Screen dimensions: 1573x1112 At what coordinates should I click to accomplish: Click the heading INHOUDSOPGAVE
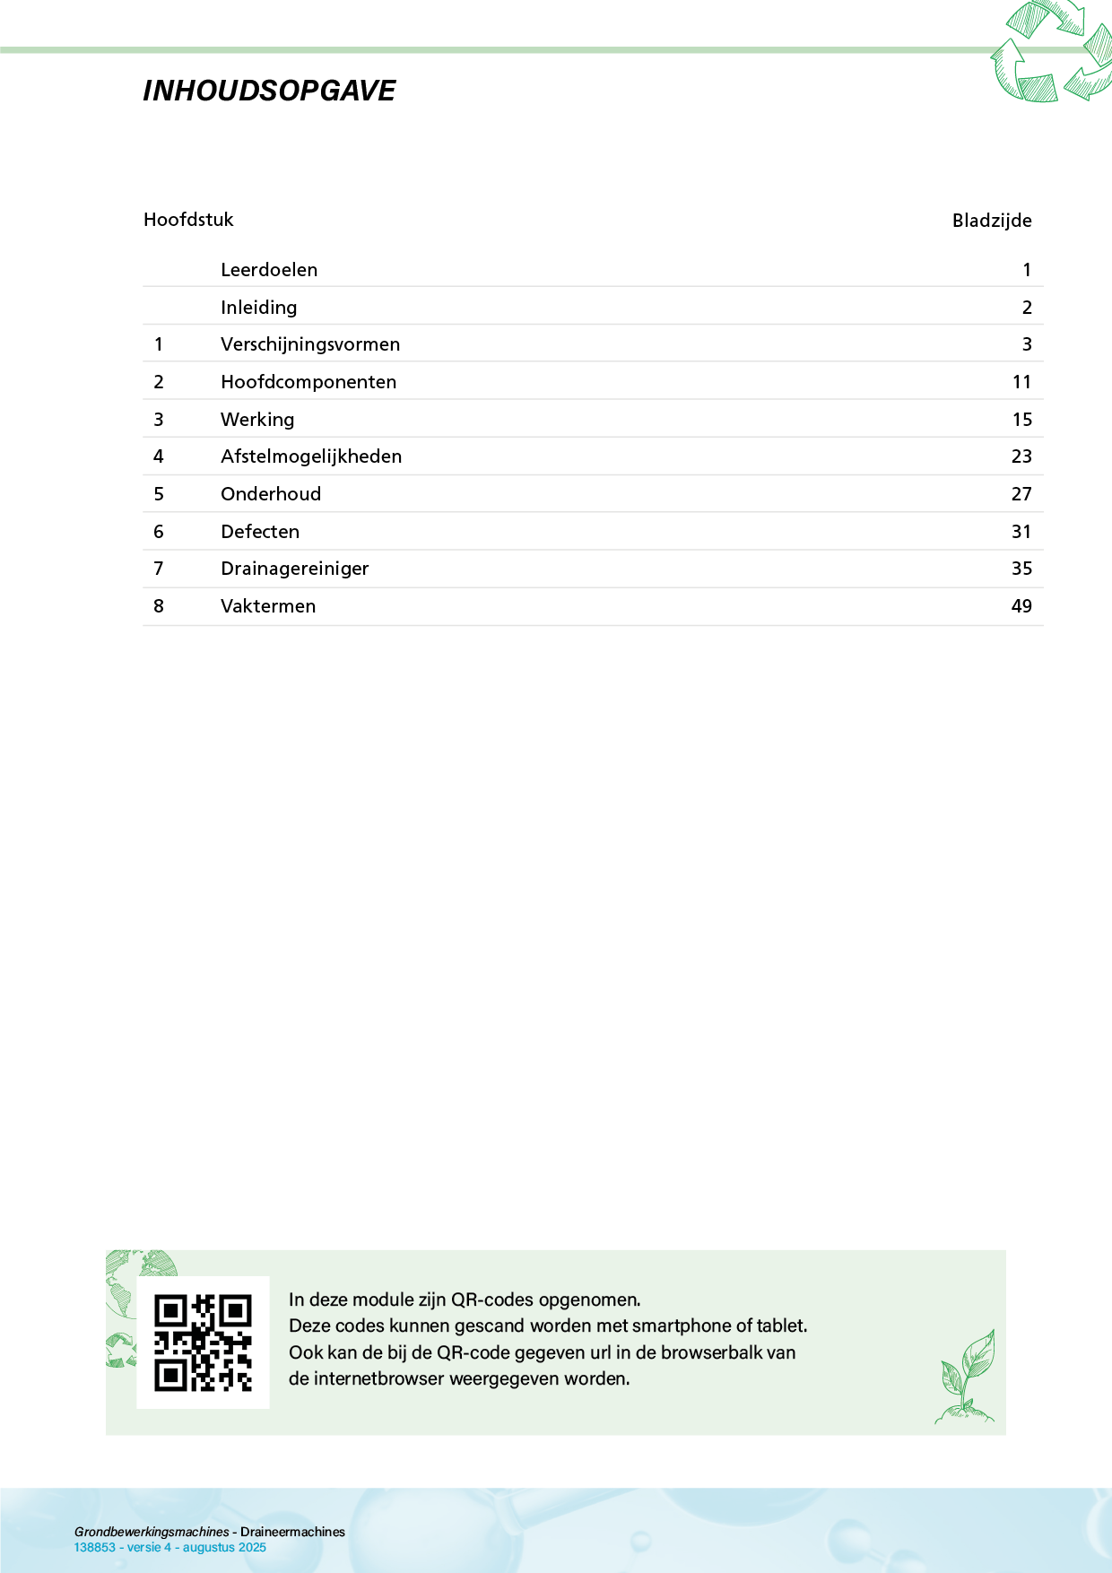(269, 91)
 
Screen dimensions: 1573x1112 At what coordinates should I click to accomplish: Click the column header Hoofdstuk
(188, 220)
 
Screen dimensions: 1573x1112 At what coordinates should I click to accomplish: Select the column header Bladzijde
(992, 221)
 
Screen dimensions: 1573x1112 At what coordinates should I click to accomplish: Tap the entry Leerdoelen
(269, 270)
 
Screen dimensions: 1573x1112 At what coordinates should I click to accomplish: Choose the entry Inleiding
(259, 308)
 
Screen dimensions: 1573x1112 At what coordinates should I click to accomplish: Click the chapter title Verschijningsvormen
(310, 344)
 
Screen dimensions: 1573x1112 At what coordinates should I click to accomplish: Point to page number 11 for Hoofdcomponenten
(1021, 382)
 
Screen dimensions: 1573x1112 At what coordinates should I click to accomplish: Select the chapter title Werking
(257, 420)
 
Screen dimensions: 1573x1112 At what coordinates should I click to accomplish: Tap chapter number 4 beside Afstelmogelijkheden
(159, 456)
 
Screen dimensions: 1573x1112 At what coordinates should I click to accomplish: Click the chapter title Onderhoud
(271, 494)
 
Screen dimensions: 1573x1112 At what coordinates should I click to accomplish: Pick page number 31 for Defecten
(1021, 532)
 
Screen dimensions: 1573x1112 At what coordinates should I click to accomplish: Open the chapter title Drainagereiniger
(295, 569)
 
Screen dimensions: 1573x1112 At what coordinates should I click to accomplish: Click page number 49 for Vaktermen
(1021, 606)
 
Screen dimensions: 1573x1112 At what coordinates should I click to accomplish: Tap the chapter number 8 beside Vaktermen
(159, 606)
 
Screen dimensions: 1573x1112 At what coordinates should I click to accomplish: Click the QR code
(203, 1343)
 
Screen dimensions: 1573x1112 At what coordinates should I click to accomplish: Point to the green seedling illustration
(967, 1377)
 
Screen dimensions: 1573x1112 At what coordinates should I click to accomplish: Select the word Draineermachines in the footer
(292, 1532)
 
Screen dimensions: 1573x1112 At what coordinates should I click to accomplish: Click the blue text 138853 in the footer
(94, 1547)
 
